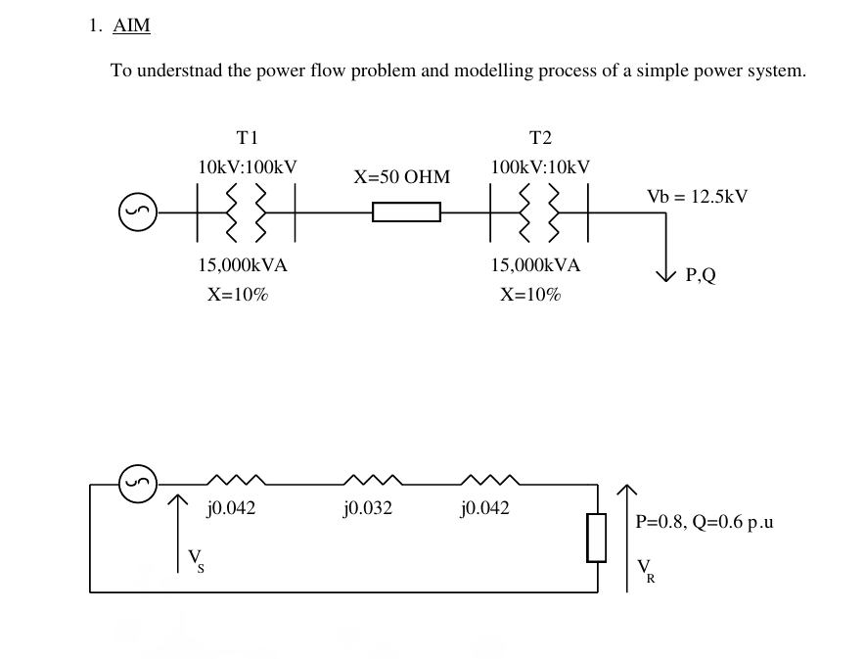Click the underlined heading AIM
tap(132, 26)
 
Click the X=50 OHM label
tap(402, 177)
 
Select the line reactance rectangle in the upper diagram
tap(406, 212)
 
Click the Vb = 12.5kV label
tap(697, 196)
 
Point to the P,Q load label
tap(701, 276)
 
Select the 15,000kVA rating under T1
tap(243, 264)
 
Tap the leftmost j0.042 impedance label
tap(231, 508)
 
